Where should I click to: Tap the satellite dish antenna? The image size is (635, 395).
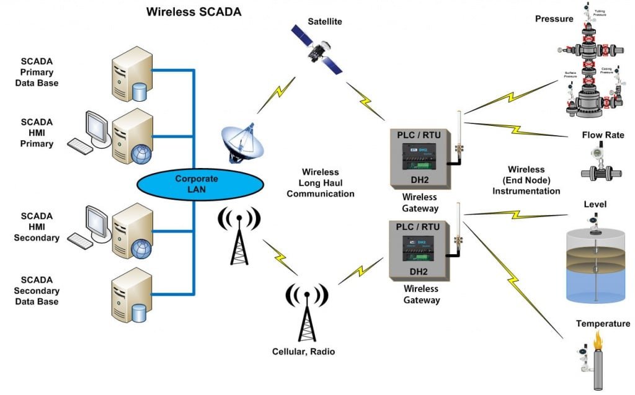[242, 142]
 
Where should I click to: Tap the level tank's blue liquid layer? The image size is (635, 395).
[596, 285]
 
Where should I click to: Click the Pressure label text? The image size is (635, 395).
[554, 19]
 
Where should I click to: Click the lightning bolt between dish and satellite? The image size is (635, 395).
[278, 93]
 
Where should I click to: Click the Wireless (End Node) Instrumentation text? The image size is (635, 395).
[526, 180]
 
